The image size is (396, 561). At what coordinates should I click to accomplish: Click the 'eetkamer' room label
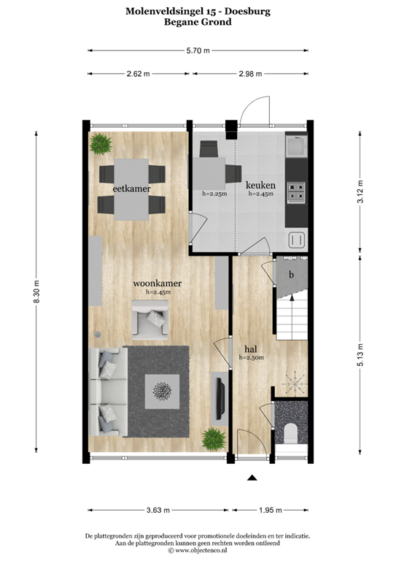131,189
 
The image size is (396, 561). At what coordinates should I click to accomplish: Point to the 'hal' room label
250,348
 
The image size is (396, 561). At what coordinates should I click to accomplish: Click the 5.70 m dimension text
198,50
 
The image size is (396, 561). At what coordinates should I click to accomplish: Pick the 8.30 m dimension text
36,295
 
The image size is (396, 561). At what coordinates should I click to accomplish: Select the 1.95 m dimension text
271,511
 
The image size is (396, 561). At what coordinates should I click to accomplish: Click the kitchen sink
297,148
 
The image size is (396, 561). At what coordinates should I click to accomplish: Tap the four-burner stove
296,191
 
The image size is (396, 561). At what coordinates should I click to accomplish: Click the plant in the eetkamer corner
100,142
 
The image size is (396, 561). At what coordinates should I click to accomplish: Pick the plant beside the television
214,439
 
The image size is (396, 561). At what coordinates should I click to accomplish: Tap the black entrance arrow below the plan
252,478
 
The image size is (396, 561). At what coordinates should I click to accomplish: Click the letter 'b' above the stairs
291,275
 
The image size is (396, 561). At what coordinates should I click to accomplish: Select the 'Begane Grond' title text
198,23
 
